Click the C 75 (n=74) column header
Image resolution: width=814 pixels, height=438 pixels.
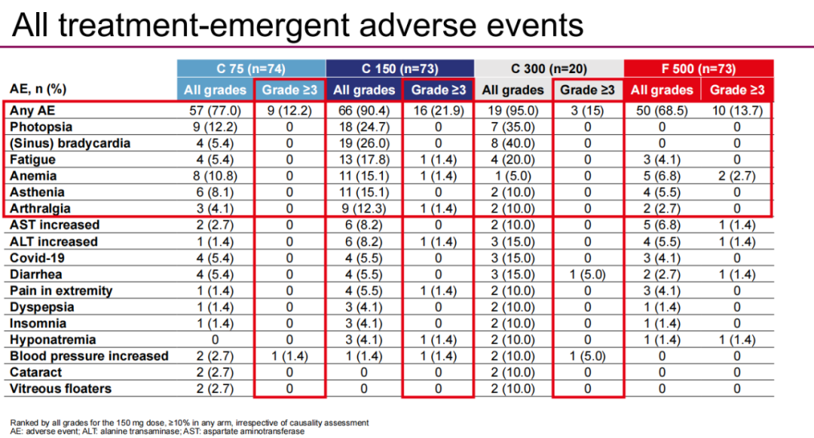[x=251, y=69]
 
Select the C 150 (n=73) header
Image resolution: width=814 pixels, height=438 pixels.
[x=399, y=69]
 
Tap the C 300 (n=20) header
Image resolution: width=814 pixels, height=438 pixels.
[x=548, y=69]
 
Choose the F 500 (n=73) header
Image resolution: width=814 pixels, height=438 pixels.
[x=698, y=69]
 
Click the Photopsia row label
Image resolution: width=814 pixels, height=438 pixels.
[x=41, y=127]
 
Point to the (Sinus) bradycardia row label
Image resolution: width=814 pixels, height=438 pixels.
[x=70, y=143]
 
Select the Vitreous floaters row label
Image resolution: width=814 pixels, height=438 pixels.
[x=60, y=389]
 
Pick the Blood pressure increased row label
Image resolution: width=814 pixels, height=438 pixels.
[x=89, y=356]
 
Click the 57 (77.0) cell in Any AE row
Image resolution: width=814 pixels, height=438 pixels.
[x=216, y=110]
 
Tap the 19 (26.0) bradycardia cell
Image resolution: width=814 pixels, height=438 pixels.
[x=364, y=143]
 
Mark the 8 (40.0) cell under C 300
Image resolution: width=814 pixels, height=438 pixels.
[x=513, y=143]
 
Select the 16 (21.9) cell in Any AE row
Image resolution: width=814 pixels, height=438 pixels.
[x=438, y=110]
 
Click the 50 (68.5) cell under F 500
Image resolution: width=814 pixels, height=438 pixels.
[x=662, y=110]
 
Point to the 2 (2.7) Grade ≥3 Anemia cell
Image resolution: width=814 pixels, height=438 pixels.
[x=736, y=176]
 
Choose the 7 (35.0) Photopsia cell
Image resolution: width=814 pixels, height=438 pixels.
[x=513, y=127]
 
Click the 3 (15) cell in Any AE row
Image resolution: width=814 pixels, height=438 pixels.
[x=587, y=110]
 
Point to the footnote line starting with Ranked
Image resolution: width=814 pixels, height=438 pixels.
[x=188, y=422]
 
